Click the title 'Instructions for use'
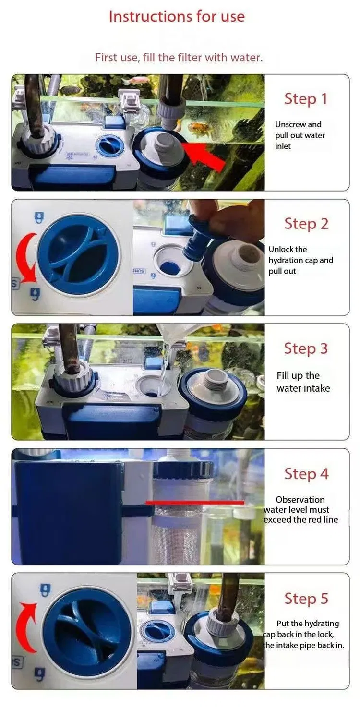(x=177, y=16)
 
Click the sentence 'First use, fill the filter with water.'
(x=179, y=58)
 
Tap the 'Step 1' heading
(x=306, y=99)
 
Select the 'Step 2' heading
(x=306, y=224)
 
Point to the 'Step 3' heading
(x=306, y=348)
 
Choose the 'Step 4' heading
(x=306, y=474)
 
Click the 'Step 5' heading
(x=306, y=599)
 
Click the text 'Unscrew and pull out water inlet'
(x=300, y=135)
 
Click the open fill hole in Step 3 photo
(x=153, y=386)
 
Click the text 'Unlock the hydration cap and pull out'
(x=300, y=260)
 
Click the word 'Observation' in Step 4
(x=300, y=500)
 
